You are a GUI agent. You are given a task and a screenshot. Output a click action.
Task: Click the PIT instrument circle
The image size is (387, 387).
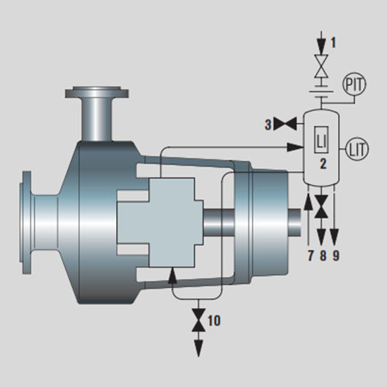point(354,84)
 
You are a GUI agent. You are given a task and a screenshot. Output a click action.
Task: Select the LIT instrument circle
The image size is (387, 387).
point(357,149)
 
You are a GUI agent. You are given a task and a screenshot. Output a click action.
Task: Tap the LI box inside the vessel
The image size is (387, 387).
point(321,140)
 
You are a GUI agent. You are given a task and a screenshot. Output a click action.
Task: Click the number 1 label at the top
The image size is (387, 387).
point(334,43)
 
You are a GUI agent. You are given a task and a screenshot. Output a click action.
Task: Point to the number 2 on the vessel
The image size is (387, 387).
point(323,163)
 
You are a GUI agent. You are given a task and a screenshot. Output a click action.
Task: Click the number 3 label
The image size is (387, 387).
point(269,125)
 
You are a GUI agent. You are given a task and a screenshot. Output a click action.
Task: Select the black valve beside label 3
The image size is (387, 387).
point(285,124)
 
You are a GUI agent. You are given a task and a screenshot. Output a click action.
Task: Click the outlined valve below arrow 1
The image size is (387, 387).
point(321,66)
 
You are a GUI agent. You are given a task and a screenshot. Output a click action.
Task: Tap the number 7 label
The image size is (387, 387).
point(310,255)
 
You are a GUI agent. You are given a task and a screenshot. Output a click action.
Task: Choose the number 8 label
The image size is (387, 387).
point(323,255)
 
